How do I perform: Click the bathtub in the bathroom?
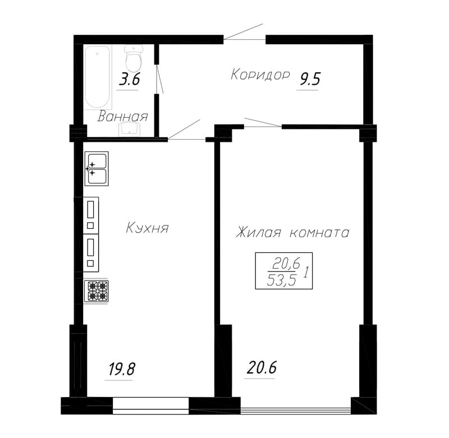click(97, 77)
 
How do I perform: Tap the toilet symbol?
click(134, 58)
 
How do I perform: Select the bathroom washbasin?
click(130, 129)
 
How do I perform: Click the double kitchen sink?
click(97, 168)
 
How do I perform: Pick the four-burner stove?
click(97, 291)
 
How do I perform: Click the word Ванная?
click(122, 117)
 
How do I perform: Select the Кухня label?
click(147, 228)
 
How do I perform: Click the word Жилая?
click(258, 232)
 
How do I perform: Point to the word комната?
click(319, 233)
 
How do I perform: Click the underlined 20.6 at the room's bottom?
click(261, 368)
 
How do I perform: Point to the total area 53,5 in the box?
click(281, 280)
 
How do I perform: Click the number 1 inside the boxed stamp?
click(305, 272)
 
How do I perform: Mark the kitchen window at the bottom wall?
click(151, 405)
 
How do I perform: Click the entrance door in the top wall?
click(244, 32)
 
